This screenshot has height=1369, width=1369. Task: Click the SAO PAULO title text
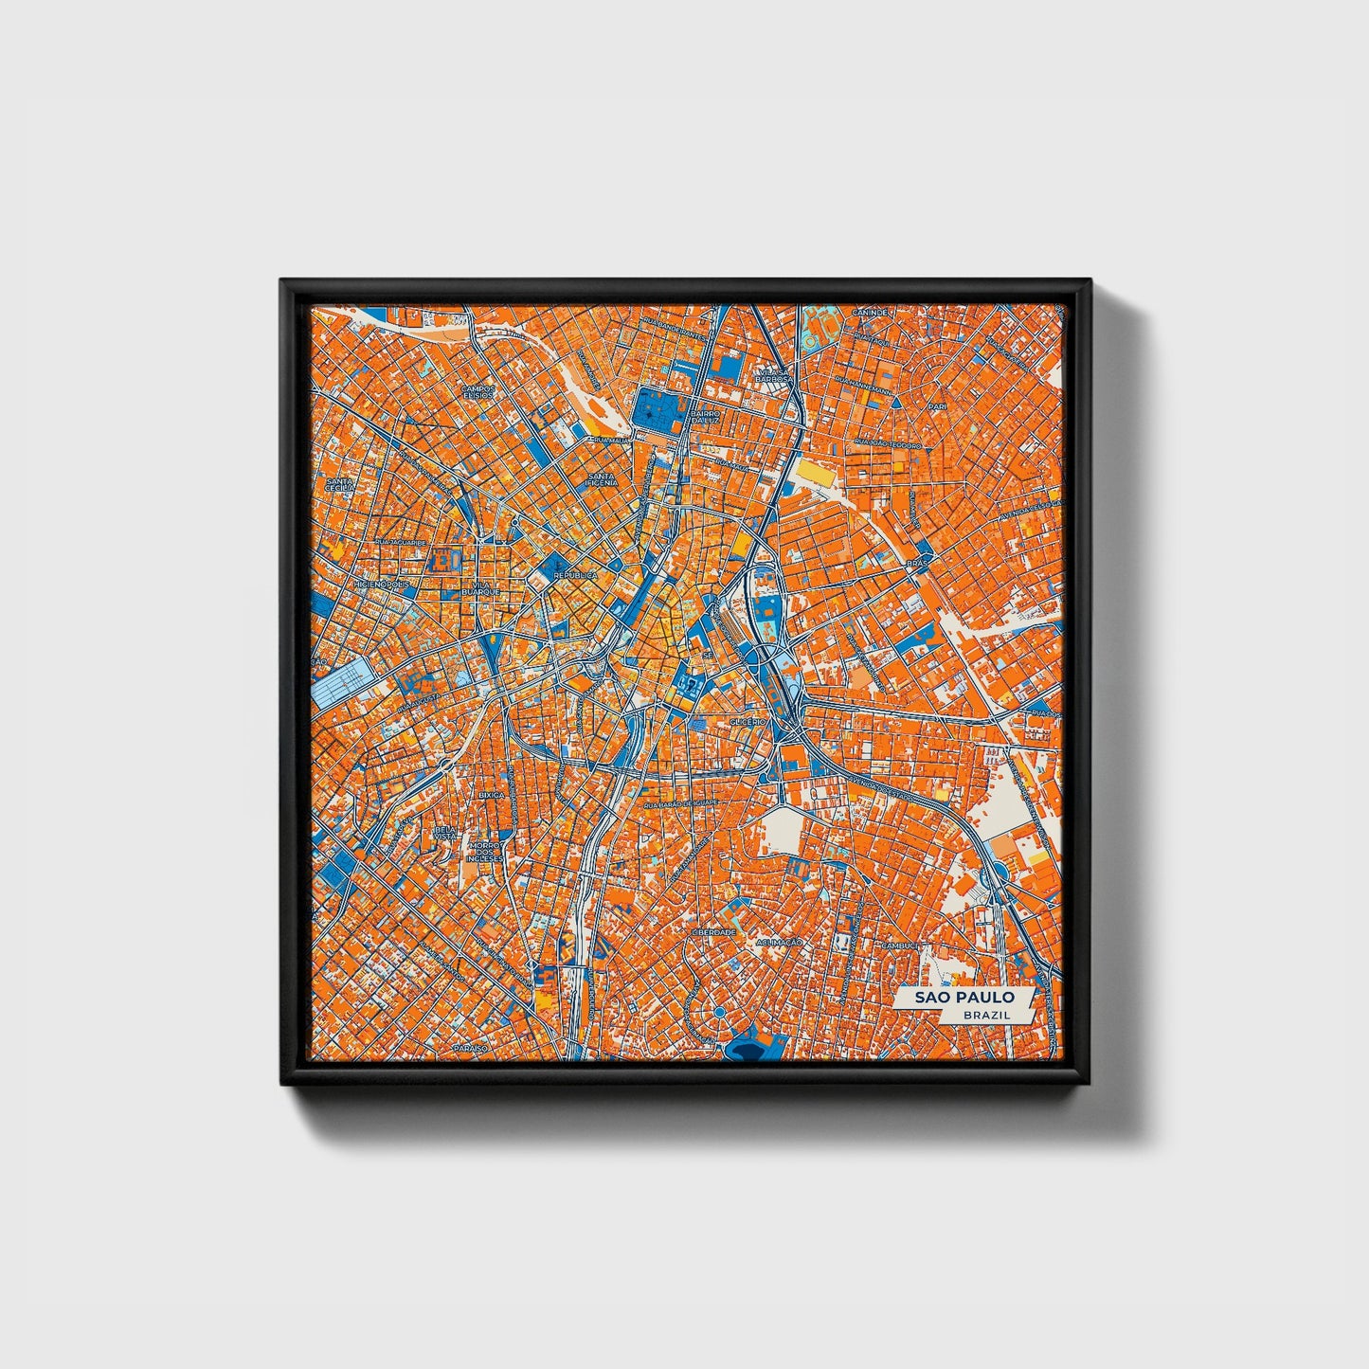tap(964, 998)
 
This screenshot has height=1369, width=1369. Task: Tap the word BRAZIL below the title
tap(985, 1015)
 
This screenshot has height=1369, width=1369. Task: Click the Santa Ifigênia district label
tap(602, 478)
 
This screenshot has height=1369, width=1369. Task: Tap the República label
tap(576, 575)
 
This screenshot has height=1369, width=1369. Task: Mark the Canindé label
tap(870, 312)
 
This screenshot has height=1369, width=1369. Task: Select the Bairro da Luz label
tap(707, 417)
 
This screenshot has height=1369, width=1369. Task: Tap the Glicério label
tap(748, 722)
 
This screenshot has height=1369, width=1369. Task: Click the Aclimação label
tap(780, 943)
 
